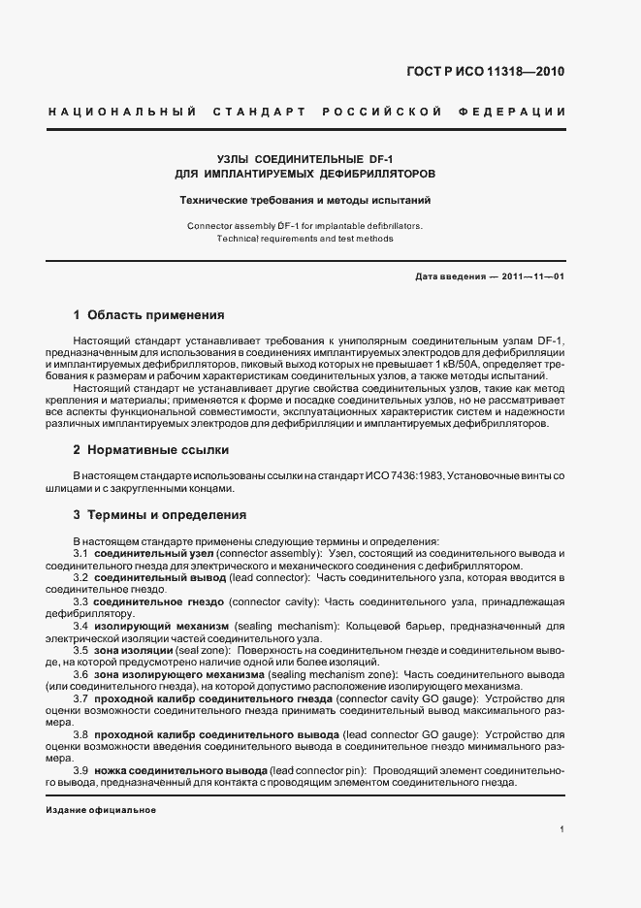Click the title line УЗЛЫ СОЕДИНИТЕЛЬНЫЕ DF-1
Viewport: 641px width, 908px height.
pyautogui.click(x=305, y=157)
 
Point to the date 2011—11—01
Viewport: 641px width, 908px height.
pyautogui.click(x=532, y=276)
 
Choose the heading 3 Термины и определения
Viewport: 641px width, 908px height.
pyautogui.click(x=159, y=515)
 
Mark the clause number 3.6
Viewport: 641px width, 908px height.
pyautogui.click(x=82, y=674)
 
